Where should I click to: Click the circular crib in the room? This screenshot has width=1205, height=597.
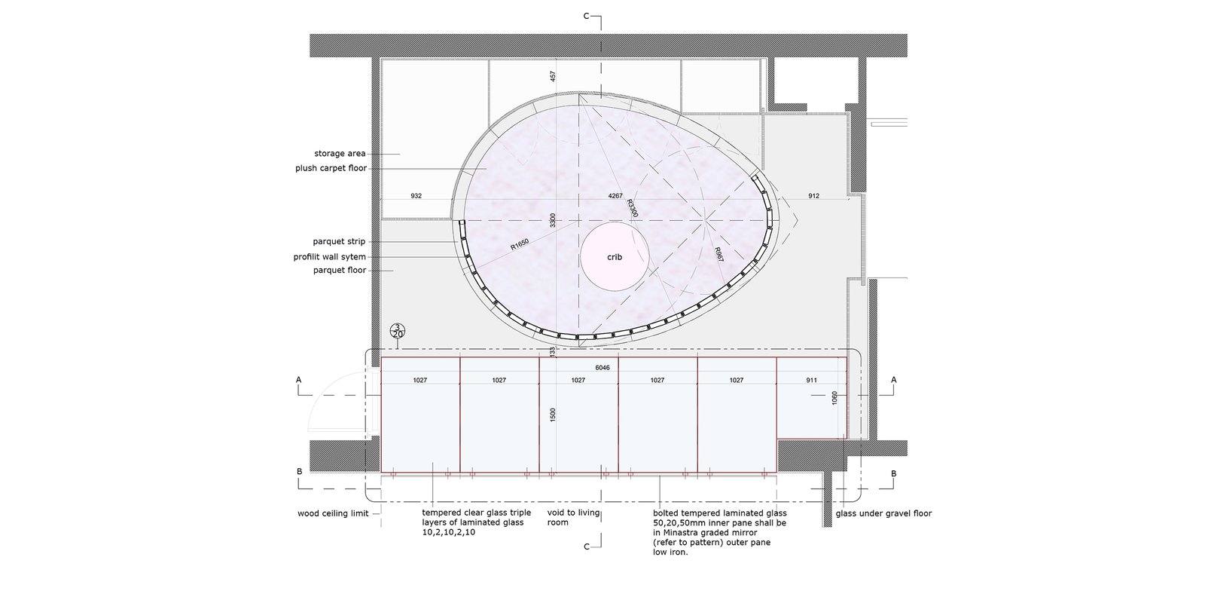click(615, 256)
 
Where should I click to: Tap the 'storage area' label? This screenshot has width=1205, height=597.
click(340, 154)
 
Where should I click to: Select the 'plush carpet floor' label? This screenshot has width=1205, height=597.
click(331, 168)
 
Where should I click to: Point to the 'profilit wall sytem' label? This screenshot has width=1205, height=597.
click(329, 257)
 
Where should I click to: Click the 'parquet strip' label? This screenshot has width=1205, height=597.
click(339, 241)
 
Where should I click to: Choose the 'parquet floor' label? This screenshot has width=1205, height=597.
click(340, 270)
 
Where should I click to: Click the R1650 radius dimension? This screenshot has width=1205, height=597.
click(520, 244)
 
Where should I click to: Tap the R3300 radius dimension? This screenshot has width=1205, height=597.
click(632, 208)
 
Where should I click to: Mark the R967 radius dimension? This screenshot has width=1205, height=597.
click(718, 255)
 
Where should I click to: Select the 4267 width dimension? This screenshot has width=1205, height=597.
click(615, 196)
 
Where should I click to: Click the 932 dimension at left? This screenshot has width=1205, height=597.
click(416, 196)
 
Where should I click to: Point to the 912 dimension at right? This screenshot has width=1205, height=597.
click(813, 196)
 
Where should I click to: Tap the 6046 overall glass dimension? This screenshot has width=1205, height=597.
click(602, 368)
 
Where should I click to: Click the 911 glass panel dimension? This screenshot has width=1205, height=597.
click(811, 380)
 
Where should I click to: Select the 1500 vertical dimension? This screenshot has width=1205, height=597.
click(553, 415)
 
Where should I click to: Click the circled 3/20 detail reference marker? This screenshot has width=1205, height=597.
click(398, 330)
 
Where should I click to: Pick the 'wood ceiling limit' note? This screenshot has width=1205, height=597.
click(333, 513)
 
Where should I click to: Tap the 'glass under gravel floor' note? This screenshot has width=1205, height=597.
click(883, 513)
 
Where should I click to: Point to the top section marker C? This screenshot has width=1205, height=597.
click(587, 16)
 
